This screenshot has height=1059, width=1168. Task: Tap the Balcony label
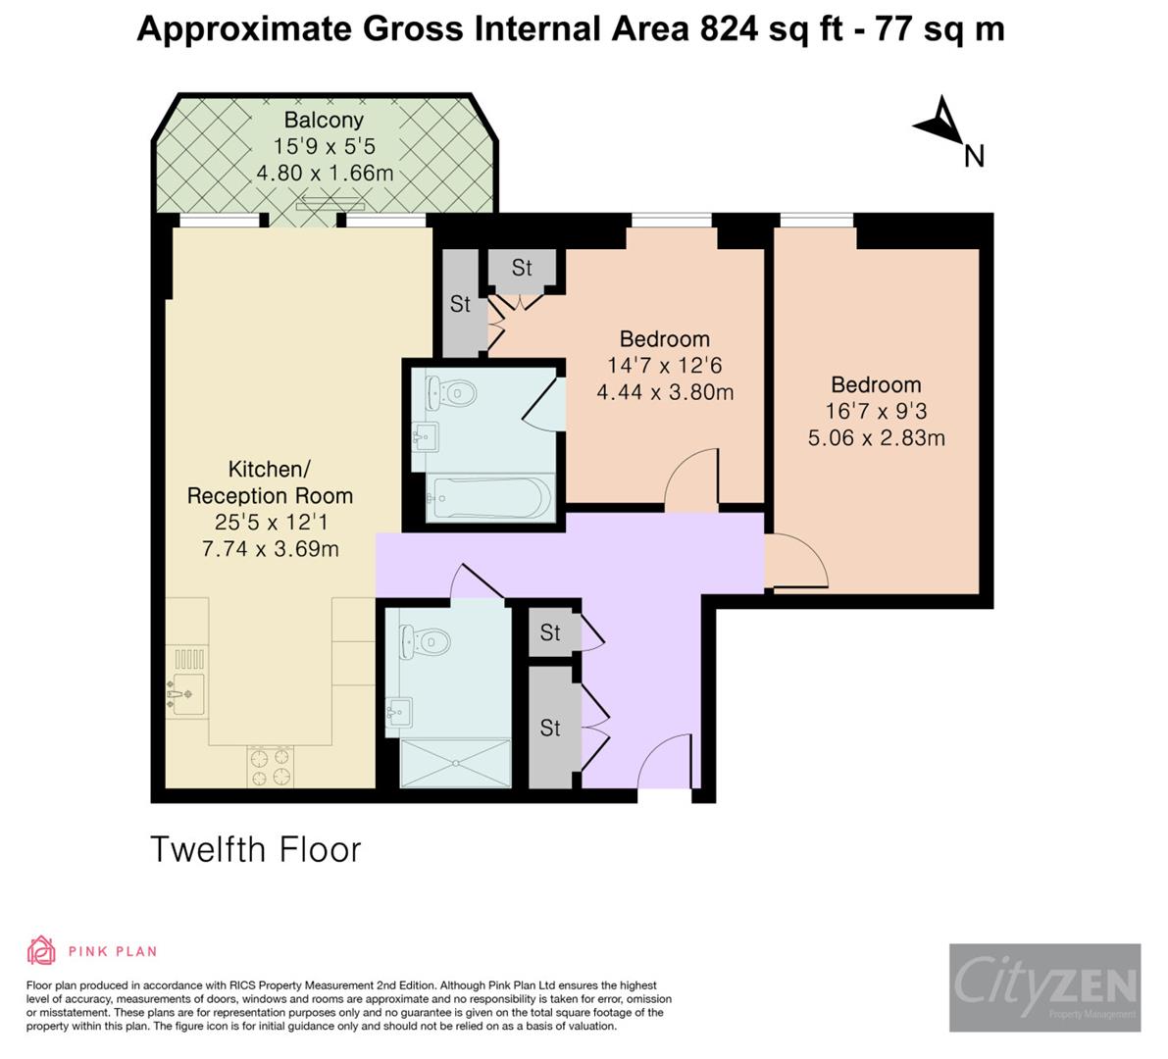coord(324,121)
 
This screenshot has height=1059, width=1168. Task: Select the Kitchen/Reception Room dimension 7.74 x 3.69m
coord(270,549)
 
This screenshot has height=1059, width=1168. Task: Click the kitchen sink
coord(186,694)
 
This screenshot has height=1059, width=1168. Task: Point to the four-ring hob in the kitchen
coord(270,766)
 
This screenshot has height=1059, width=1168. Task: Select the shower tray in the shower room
coord(456,763)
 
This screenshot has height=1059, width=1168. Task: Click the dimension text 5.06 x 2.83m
coord(876,437)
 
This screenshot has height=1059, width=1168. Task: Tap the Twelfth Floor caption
coord(256,849)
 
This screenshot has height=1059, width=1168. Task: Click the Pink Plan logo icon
coord(42,950)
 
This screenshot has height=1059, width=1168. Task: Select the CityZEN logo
coord(1044,986)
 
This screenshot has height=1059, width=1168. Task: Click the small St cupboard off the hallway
coord(550,633)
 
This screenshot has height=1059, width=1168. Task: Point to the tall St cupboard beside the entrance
coord(551,727)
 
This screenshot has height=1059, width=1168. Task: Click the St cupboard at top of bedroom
coord(522,267)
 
